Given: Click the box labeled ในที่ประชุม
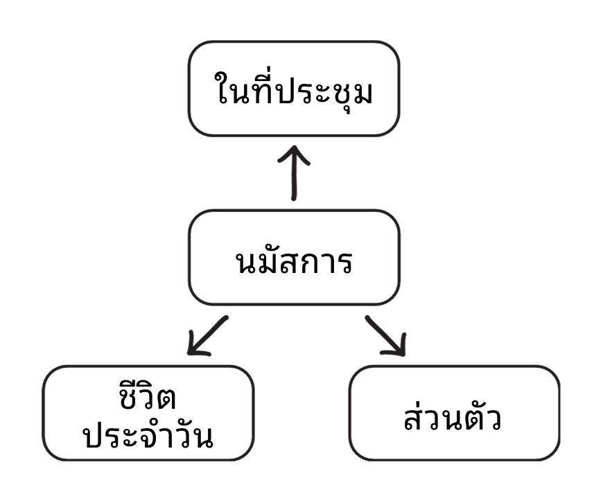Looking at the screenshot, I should click(293, 89).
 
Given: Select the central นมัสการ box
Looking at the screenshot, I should click(293, 258).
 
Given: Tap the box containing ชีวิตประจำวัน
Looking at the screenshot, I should click(148, 414).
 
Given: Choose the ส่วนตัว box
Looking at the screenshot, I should click(454, 414).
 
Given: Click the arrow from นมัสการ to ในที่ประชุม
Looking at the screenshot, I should click(293, 173).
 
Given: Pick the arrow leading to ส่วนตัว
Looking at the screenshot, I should click(385, 335).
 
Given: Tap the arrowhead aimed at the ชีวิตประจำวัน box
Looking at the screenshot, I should click(195, 347).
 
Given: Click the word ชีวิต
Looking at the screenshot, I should click(148, 397).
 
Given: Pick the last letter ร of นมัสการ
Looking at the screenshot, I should click(344, 264).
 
